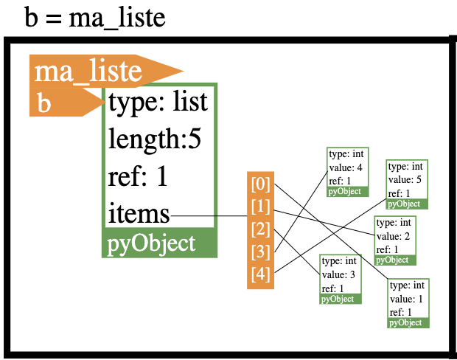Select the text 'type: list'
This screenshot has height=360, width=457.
point(158,102)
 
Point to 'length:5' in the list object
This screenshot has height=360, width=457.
point(155,139)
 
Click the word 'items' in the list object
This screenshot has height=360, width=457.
point(139,214)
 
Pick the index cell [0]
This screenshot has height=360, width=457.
point(260,184)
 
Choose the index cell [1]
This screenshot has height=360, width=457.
point(260,207)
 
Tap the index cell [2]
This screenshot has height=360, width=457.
point(260,229)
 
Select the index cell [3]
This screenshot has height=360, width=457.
point(260,252)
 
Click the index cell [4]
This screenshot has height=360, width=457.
point(260,274)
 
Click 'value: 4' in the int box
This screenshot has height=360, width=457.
point(346,167)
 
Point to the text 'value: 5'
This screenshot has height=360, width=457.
point(405,180)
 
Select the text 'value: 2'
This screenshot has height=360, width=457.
point(393,236)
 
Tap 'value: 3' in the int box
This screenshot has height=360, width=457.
point(338,275)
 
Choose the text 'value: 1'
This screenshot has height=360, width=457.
point(406,299)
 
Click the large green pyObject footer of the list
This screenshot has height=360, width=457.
point(159,243)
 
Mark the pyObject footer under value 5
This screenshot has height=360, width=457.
point(407,204)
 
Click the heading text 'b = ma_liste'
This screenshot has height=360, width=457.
point(95,17)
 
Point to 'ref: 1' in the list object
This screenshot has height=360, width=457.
point(138,176)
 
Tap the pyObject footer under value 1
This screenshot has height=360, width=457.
point(408,323)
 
